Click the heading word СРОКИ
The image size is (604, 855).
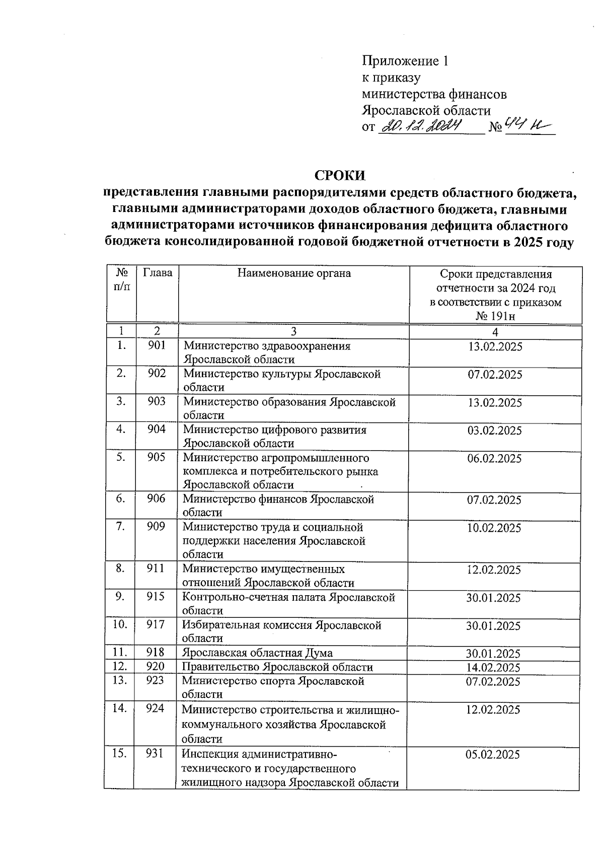[339, 175]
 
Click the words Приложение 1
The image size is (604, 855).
[405, 61]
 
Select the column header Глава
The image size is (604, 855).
[158, 273]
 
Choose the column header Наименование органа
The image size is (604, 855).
[294, 273]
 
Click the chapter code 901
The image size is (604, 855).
[157, 345]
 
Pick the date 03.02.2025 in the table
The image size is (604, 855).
[494, 431]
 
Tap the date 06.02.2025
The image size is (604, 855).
[494, 458]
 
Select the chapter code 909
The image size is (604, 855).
[156, 527]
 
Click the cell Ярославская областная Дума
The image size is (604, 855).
[257, 653]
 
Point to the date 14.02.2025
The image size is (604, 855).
[493, 668]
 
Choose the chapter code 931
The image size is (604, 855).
[155, 754]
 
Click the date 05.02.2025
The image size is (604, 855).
[493, 754]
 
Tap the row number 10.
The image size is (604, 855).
[120, 625]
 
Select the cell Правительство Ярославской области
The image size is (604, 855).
[277, 667]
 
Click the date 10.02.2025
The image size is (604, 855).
[494, 528]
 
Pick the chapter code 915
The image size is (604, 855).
[156, 597]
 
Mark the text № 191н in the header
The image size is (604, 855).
[495, 316]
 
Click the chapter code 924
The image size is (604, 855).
[155, 709]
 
